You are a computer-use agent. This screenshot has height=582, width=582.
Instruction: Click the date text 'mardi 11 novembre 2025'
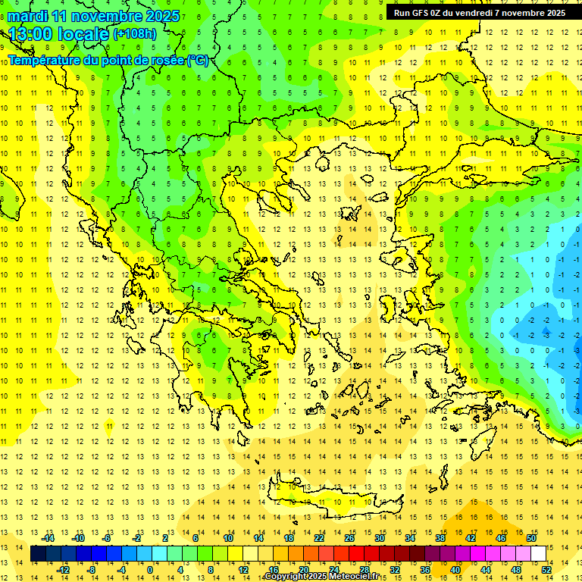(x=94, y=16)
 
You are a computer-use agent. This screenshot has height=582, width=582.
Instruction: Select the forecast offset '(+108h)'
(x=135, y=33)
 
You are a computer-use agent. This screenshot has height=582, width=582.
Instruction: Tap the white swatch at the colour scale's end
(x=539, y=554)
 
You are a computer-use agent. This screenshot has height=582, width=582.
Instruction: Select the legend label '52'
(x=547, y=570)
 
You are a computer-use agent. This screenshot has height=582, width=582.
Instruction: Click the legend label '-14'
(x=48, y=538)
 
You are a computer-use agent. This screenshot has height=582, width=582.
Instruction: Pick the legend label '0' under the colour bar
(x=150, y=570)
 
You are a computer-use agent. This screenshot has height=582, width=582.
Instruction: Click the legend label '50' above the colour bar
(x=530, y=538)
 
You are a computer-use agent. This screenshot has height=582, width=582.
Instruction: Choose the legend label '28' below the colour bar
(x=364, y=570)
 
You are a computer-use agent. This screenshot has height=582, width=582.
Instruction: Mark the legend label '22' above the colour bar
(x=319, y=538)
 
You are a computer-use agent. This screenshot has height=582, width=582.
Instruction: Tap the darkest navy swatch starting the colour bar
(x=38, y=554)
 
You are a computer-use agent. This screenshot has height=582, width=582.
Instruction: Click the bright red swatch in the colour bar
(x=356, y=554)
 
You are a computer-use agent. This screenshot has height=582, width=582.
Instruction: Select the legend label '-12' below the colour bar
(x=64, y=570)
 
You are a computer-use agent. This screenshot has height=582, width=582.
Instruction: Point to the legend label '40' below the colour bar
(x=455, y=570)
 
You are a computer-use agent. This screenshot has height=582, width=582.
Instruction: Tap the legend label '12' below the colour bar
(x=242, y=570)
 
